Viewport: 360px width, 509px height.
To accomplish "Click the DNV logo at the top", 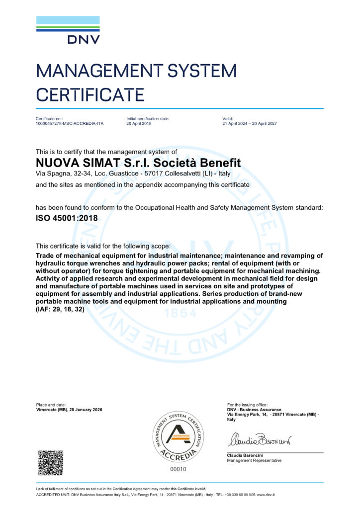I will point(68,31).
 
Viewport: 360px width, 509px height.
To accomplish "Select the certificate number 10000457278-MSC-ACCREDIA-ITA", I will point(70,123).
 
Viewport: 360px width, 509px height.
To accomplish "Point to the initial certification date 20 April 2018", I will point(140,123).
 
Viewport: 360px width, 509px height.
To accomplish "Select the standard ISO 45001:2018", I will point(67,218).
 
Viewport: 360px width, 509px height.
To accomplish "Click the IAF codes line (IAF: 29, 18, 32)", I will point(60,309).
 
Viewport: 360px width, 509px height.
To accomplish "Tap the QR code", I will point(51,462).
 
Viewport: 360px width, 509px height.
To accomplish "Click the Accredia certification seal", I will point(178,436).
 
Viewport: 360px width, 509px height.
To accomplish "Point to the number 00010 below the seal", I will point(178,469).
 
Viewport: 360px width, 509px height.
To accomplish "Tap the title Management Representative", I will point(254,461).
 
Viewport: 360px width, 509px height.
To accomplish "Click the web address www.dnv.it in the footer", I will point(267,495).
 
